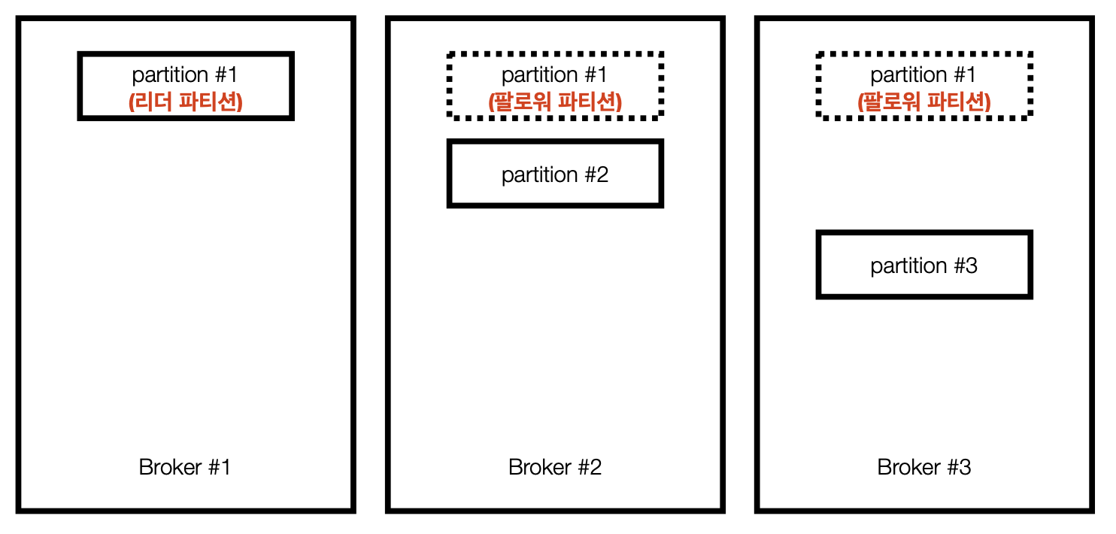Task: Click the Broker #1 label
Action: point(184,467)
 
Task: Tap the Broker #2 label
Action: point(555,467)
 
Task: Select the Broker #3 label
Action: point(924,467)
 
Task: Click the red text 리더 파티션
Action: point(185,102)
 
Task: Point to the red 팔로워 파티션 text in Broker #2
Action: point(555,102)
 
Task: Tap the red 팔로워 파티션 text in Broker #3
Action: point(923,102)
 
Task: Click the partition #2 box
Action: point(555,174)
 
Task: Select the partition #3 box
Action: point(923,265)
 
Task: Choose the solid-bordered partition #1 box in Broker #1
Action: point(185,86)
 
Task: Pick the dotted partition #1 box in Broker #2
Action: point(555,86)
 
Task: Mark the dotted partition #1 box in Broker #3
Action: point(923,86)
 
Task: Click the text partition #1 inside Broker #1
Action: point(185,74)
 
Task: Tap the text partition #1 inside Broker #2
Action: point(555,74)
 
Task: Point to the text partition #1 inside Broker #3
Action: point(923,74)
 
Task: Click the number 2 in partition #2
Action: point(602,174)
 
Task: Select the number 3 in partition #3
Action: point(971,265)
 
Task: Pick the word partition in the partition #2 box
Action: point(539,174)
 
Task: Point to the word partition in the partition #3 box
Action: point(908,265)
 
